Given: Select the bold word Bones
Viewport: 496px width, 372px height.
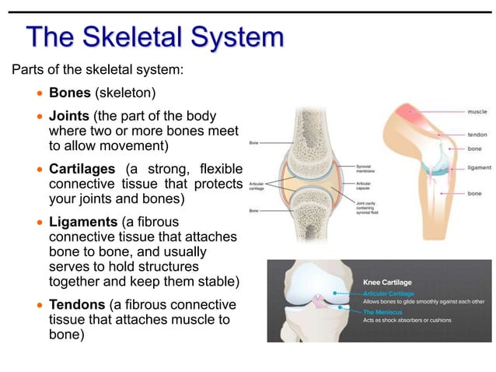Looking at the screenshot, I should pos(70,93).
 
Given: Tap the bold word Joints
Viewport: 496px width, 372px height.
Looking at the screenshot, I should pos(69,116).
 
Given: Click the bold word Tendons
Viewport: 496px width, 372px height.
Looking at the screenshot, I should pos(77,304).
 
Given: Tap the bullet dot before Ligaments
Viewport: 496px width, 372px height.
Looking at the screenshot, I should pos(41,223).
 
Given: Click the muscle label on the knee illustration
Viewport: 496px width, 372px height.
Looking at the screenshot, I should pos(477,112).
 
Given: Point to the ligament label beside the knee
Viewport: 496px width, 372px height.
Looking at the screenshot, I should pos(479,167).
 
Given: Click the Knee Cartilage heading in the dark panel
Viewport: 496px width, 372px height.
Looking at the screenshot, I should pos(388,281).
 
